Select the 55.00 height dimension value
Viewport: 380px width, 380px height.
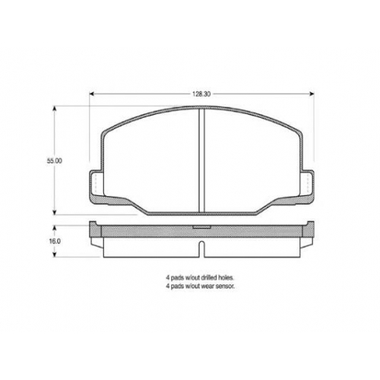coord(54,161)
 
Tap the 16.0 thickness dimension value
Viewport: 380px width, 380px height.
coord(55,242)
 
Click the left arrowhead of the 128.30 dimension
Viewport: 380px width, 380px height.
coord(92,94)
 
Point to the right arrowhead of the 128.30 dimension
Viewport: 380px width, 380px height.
coord(312,94)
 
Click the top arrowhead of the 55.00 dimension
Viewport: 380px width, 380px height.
coord(54,109)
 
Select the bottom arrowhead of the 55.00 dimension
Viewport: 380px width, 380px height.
coord(54,212)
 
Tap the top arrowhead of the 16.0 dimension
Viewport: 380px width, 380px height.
coord(54,228)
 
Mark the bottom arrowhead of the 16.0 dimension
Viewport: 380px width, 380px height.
coord(54,255)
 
